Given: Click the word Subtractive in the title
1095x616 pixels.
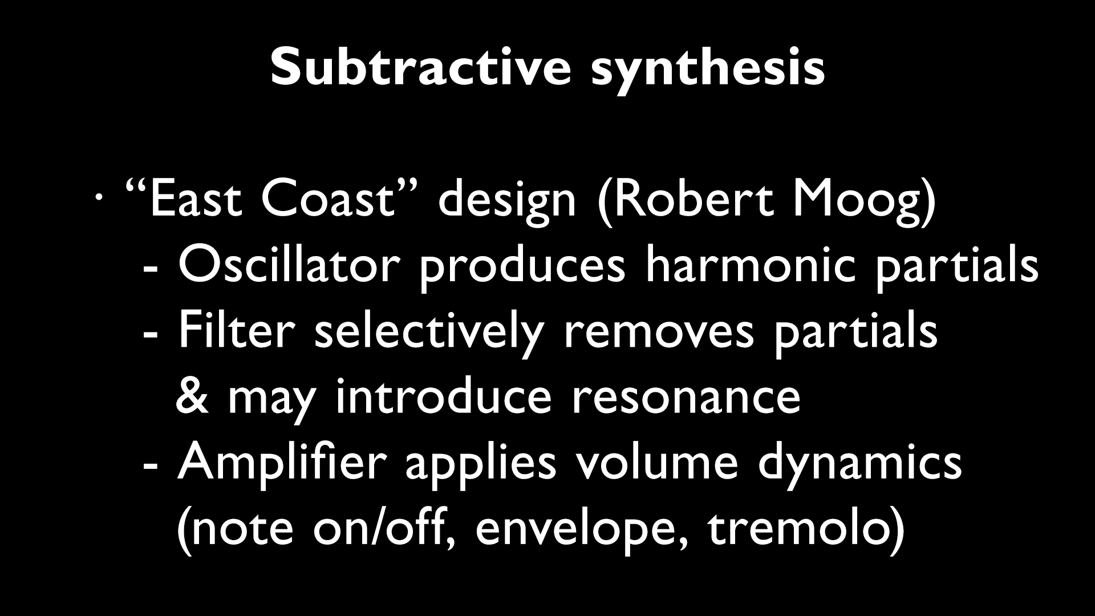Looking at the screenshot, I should click(420, 67).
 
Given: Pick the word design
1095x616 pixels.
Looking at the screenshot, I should click(507, 202).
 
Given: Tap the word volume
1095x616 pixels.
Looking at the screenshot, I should click(656, 462).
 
